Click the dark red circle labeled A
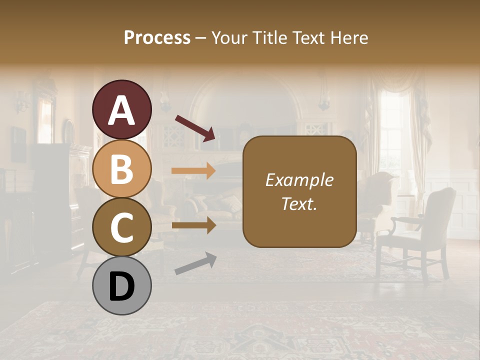pyautogui.click(x=121, y=109)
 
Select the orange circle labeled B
pyautogui.click(x=121, y=168)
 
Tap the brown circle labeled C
pyautogui.click(x=121, y=227)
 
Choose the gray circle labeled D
pyautogui.click(x=121, y=285)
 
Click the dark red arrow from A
pyautogui.click(x=195, y=128)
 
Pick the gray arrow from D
pyautogui.click(x=195, y=263)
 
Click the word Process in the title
pyautogui.click(x=157, y=38)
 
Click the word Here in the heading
pyautogui.click(x=349, y=38)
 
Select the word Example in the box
pyautogui.click(x=299, y=180)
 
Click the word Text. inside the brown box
pyautogui.click(x=299, y=204)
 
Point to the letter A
pyautogui.click(x=121, y=110)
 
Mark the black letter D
pyautogui.click(x=121, y=286)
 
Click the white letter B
pyautogui.click(x=121, y=169)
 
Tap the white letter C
pyautogui.click(x=121, y=227)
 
